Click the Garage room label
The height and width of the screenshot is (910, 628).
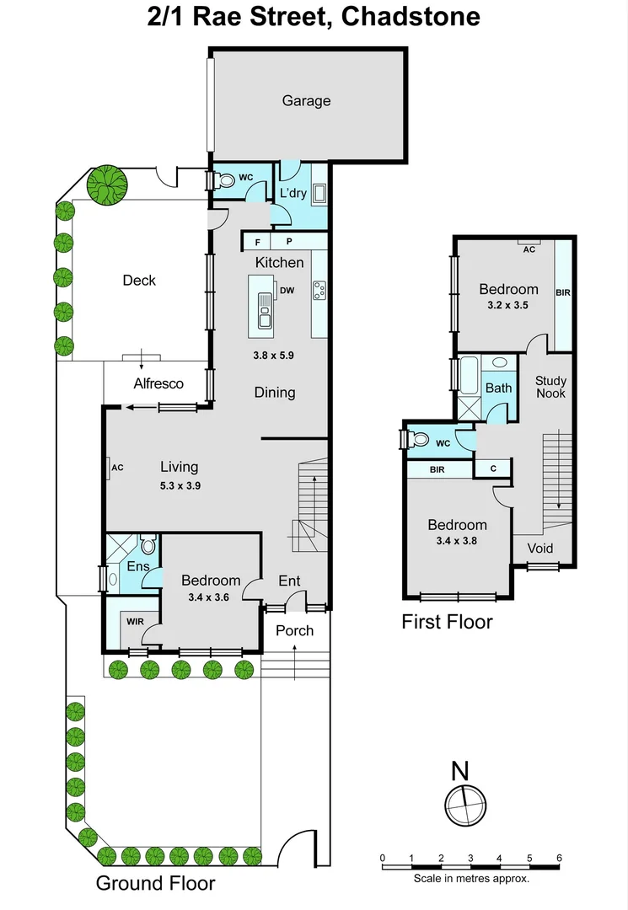[x=306, y=101]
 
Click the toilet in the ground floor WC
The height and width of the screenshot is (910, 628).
[x=226, y=180]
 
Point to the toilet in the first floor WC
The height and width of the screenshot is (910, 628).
[x=417, y=439]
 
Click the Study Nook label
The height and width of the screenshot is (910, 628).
[x=551, y=388]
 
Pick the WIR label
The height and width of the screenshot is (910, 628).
[x=134, y=622]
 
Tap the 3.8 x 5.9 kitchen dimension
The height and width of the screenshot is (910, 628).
[x=273, y=355]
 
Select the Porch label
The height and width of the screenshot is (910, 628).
[x=294, y=630]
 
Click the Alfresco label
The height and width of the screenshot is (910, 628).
[x=158, y=383]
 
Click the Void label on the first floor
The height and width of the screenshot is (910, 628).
[x=540, y=549]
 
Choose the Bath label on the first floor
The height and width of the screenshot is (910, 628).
[x=498, y=388]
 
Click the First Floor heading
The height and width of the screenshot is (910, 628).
[x=447, y=623]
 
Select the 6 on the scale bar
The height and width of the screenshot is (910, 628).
[x=559, y=859]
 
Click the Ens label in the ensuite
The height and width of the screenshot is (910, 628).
[x=137, y=566]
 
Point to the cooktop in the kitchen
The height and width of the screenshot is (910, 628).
[x=319, y=290]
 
